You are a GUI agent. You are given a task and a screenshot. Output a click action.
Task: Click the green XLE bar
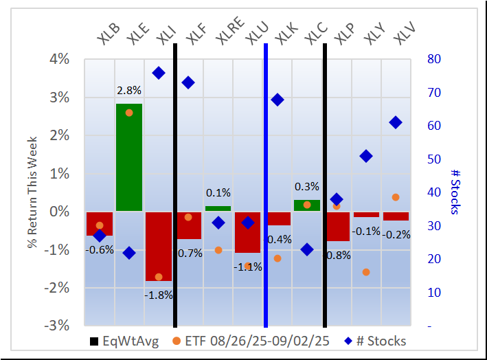click(128, 157)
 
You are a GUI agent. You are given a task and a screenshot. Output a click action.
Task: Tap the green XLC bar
click(306, 205)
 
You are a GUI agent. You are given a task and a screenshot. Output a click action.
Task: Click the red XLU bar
click(247, 232)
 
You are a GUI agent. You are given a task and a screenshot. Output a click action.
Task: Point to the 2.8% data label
click(128, 90)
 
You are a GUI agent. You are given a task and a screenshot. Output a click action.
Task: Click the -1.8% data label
click(159, 295)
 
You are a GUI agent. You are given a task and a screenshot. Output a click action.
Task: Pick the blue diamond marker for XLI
click(159, 73)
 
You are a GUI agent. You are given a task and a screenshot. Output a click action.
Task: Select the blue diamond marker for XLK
click(278, 100)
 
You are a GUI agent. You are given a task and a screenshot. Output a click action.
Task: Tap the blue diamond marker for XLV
click(396, 122)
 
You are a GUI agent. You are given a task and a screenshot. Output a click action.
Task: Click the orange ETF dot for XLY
click(366, 272)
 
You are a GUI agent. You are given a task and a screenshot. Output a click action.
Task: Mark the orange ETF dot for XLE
click(129, 113)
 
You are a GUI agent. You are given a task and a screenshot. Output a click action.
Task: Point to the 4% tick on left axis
click(60, 60)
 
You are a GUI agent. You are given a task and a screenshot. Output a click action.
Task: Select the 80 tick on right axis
click(434, 60)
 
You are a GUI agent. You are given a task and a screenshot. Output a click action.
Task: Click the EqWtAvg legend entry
click(125, 341)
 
